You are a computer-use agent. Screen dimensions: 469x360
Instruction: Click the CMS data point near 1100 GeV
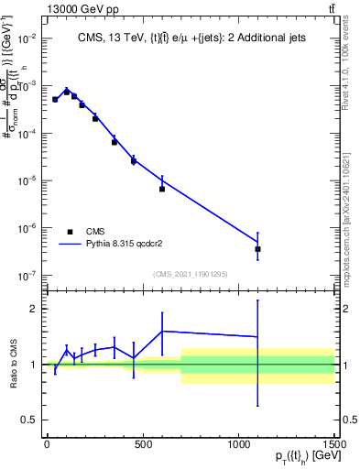click(258, 248)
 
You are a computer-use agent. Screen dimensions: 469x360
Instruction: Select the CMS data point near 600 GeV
click(162, 189)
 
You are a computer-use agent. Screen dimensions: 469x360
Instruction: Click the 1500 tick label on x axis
click(334, 443)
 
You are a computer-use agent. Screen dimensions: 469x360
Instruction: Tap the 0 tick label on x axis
click(47, 443)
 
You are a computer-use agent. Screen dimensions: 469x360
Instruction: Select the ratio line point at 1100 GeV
click(258, 336)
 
